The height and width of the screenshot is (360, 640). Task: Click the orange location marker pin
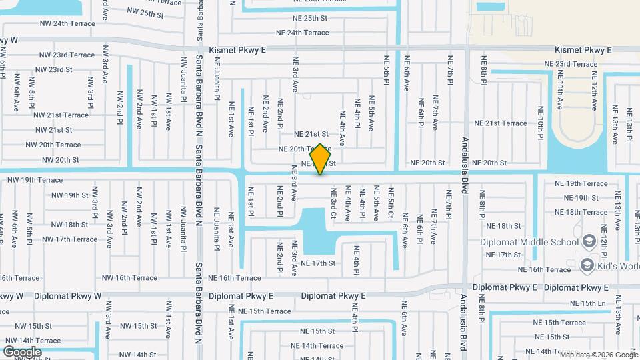[321, 159]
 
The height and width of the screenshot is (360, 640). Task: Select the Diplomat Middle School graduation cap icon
[589, 241]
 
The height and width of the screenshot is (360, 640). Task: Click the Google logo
[22, 351]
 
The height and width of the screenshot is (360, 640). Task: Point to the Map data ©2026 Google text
[598, 355]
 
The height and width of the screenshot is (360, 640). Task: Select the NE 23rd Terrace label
[567, 64]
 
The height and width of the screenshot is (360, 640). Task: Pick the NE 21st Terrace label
[500, 123]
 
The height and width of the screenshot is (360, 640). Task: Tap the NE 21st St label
[311, 134]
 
